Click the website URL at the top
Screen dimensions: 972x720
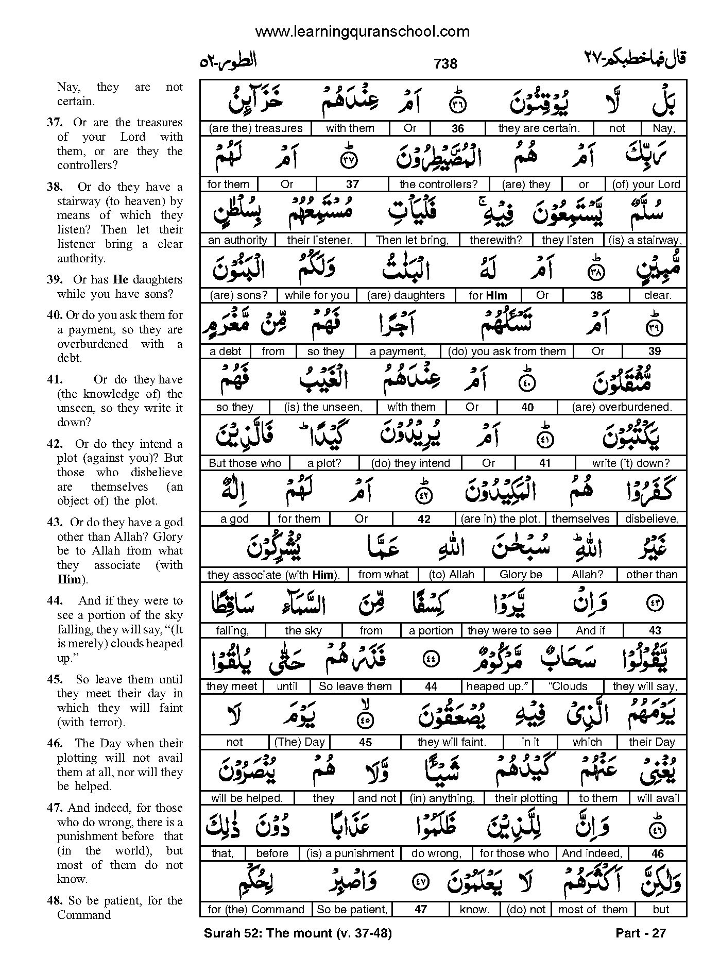tap(362, 32)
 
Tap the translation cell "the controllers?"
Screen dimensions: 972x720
tap(438, 184)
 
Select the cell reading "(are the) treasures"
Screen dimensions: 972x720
tap(255, 128)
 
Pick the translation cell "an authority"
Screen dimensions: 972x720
tap(237, 240)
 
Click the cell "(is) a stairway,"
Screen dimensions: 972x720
tap(645, 240)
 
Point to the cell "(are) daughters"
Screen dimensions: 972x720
tap(406, 295)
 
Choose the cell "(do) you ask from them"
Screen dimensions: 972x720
tap(507, 351)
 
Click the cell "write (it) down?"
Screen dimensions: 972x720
tap(630, 463)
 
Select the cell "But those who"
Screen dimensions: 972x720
tap(245, 463)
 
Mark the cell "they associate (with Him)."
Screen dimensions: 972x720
tap(273, 575)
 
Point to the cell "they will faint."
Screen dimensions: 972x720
tap(452, 742)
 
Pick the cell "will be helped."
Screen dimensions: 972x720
tap(247, 798)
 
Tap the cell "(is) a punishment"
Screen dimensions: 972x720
tap(350, 853)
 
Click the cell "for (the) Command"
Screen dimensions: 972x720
tap(256, 909)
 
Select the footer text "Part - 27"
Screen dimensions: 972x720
tap(640, 933)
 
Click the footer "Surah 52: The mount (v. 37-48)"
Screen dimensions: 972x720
tap(298, 933)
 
